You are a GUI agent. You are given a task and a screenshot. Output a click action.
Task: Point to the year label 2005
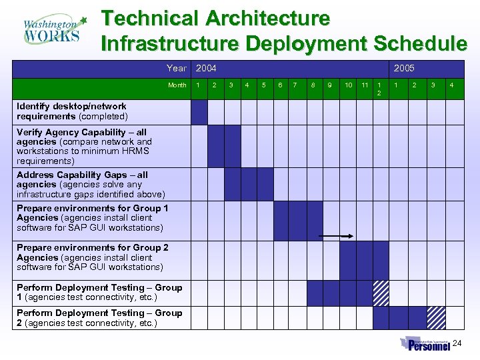click(404, 68)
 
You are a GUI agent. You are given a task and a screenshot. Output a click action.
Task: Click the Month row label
click(177, 85)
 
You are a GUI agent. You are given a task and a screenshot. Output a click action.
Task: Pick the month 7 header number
click(296, 85)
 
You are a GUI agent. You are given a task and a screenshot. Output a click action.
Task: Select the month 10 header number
click(348, 85)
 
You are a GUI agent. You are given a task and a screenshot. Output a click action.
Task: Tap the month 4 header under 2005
click(452, 85)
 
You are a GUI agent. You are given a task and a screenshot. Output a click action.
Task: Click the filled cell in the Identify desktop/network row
click(199, 111)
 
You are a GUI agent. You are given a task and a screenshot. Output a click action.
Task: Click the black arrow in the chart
click(337, 235)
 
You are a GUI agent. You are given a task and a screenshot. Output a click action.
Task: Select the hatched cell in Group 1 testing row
click(381, 293)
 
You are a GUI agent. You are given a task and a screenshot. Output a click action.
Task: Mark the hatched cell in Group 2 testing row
click(437, 317)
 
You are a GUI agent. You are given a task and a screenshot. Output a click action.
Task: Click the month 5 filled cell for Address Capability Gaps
click(265, 184)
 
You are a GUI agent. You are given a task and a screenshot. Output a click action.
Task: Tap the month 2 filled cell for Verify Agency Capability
click(216, 146)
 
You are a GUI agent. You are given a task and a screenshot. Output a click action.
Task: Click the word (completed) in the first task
click(103, 117)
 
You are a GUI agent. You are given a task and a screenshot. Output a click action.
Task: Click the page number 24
click(457, 343)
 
